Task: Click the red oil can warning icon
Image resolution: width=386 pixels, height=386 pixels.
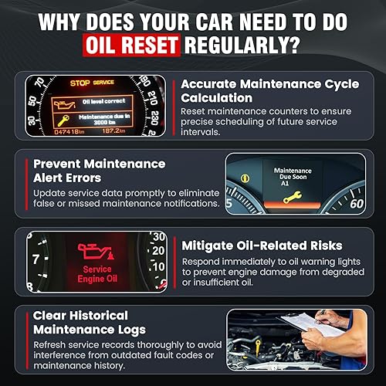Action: (x=94, y=249)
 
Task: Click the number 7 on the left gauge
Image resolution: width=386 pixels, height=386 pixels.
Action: (x=29, y=260)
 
